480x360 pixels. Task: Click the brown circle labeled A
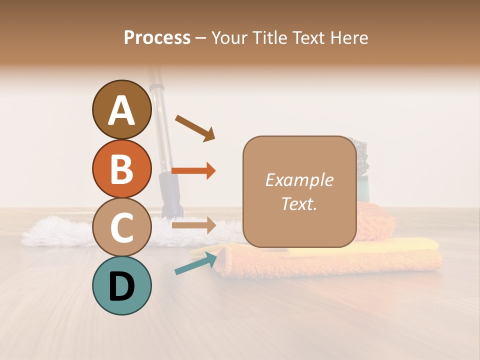pos(121,109)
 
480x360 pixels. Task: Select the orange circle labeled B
pos(121,168)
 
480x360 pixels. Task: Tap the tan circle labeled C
pos(121,227)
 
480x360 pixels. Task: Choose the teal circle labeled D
pos(121,285)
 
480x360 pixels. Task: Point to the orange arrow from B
pos(193,171)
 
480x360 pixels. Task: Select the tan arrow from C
pos(193,225)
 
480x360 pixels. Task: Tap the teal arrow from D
pos(195,263)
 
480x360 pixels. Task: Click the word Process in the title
pos(157,37)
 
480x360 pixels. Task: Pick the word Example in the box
pos(299,180)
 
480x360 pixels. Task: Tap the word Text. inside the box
pos(299,203)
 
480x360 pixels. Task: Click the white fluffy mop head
pos(55,231)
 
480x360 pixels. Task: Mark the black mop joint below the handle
pos(170,192)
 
